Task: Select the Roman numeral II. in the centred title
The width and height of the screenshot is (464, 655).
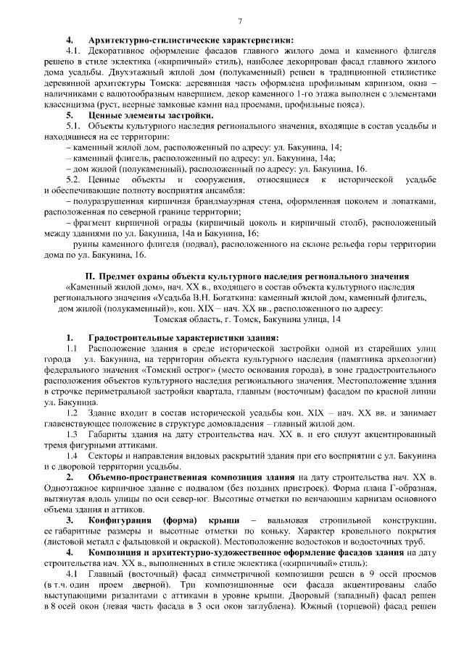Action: (x=91, y=276)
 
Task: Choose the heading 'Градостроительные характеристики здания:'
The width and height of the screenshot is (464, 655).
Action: (x=183, y=338)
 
